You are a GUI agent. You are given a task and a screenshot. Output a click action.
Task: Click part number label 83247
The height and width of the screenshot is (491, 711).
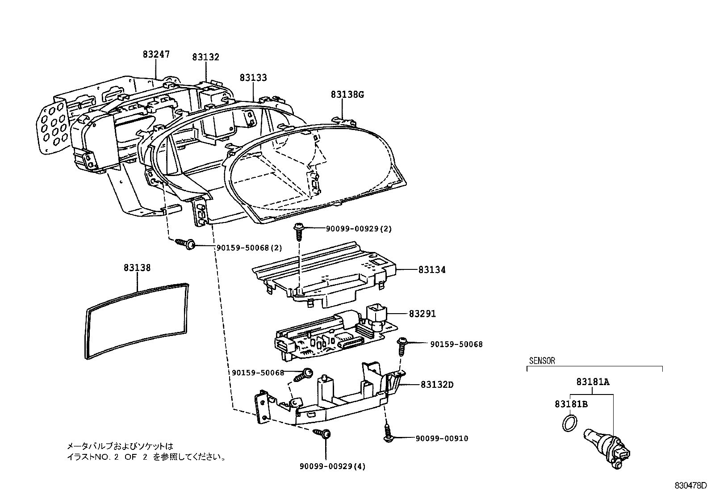point(156,55)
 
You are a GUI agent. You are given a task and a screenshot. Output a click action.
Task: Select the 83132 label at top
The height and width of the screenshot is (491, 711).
point(206,57)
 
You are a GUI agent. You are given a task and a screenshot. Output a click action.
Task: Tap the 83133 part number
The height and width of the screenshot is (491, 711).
point(253,78)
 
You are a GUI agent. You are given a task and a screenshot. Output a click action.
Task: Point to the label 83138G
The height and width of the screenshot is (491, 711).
point(347,95)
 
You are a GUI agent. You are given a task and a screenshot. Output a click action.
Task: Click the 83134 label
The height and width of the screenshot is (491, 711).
point(432,270)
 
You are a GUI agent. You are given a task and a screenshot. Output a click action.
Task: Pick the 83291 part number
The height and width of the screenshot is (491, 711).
point(422,314)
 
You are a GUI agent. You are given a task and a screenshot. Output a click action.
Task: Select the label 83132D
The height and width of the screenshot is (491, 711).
point(437,384)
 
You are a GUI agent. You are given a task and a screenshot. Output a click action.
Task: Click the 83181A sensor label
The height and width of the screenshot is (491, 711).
point(593,382)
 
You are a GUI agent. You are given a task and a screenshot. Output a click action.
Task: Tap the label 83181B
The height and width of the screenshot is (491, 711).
point(571,404)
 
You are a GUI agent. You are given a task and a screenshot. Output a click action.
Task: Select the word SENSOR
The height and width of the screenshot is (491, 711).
point(542,361)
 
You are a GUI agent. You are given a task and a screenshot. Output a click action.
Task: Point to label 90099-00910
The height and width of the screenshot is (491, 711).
point(442,439)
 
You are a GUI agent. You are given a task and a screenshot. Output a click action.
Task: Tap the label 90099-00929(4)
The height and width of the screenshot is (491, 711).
point(332,467)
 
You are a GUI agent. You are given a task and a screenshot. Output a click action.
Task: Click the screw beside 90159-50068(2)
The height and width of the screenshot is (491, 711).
point(187,243)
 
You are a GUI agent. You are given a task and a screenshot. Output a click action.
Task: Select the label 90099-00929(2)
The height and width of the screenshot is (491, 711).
point(359,229)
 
